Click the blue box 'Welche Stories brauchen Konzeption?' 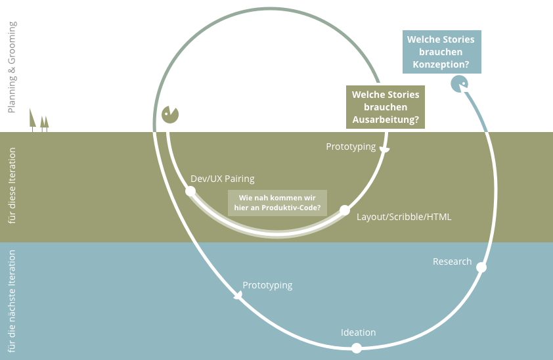[x=442, y=52]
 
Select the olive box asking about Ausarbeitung [x=386, y=107]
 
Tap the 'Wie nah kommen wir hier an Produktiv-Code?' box [x=277, y=203]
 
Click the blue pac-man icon [x=459, y=84]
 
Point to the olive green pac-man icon [x=170, y=114]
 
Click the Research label [x=452, y=261]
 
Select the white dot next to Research [x=481, y=267]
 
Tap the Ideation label [x=359, y=332]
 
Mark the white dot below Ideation [x=357, y=348]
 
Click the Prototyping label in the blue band [x=267, y=285]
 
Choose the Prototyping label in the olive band [x=351, y=146]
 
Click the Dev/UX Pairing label [x=223, y=179]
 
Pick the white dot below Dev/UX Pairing [x=190, y=191]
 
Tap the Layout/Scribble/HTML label [x=404, y=217]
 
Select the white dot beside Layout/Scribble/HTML [x=345, y=210]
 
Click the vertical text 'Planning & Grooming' [x=12, y=67]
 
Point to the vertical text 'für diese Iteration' [x=12, y=186]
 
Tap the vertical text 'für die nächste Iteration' [x=12, y=301]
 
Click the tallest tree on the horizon [x=32, y=120]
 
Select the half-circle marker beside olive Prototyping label [x=384, y=150]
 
